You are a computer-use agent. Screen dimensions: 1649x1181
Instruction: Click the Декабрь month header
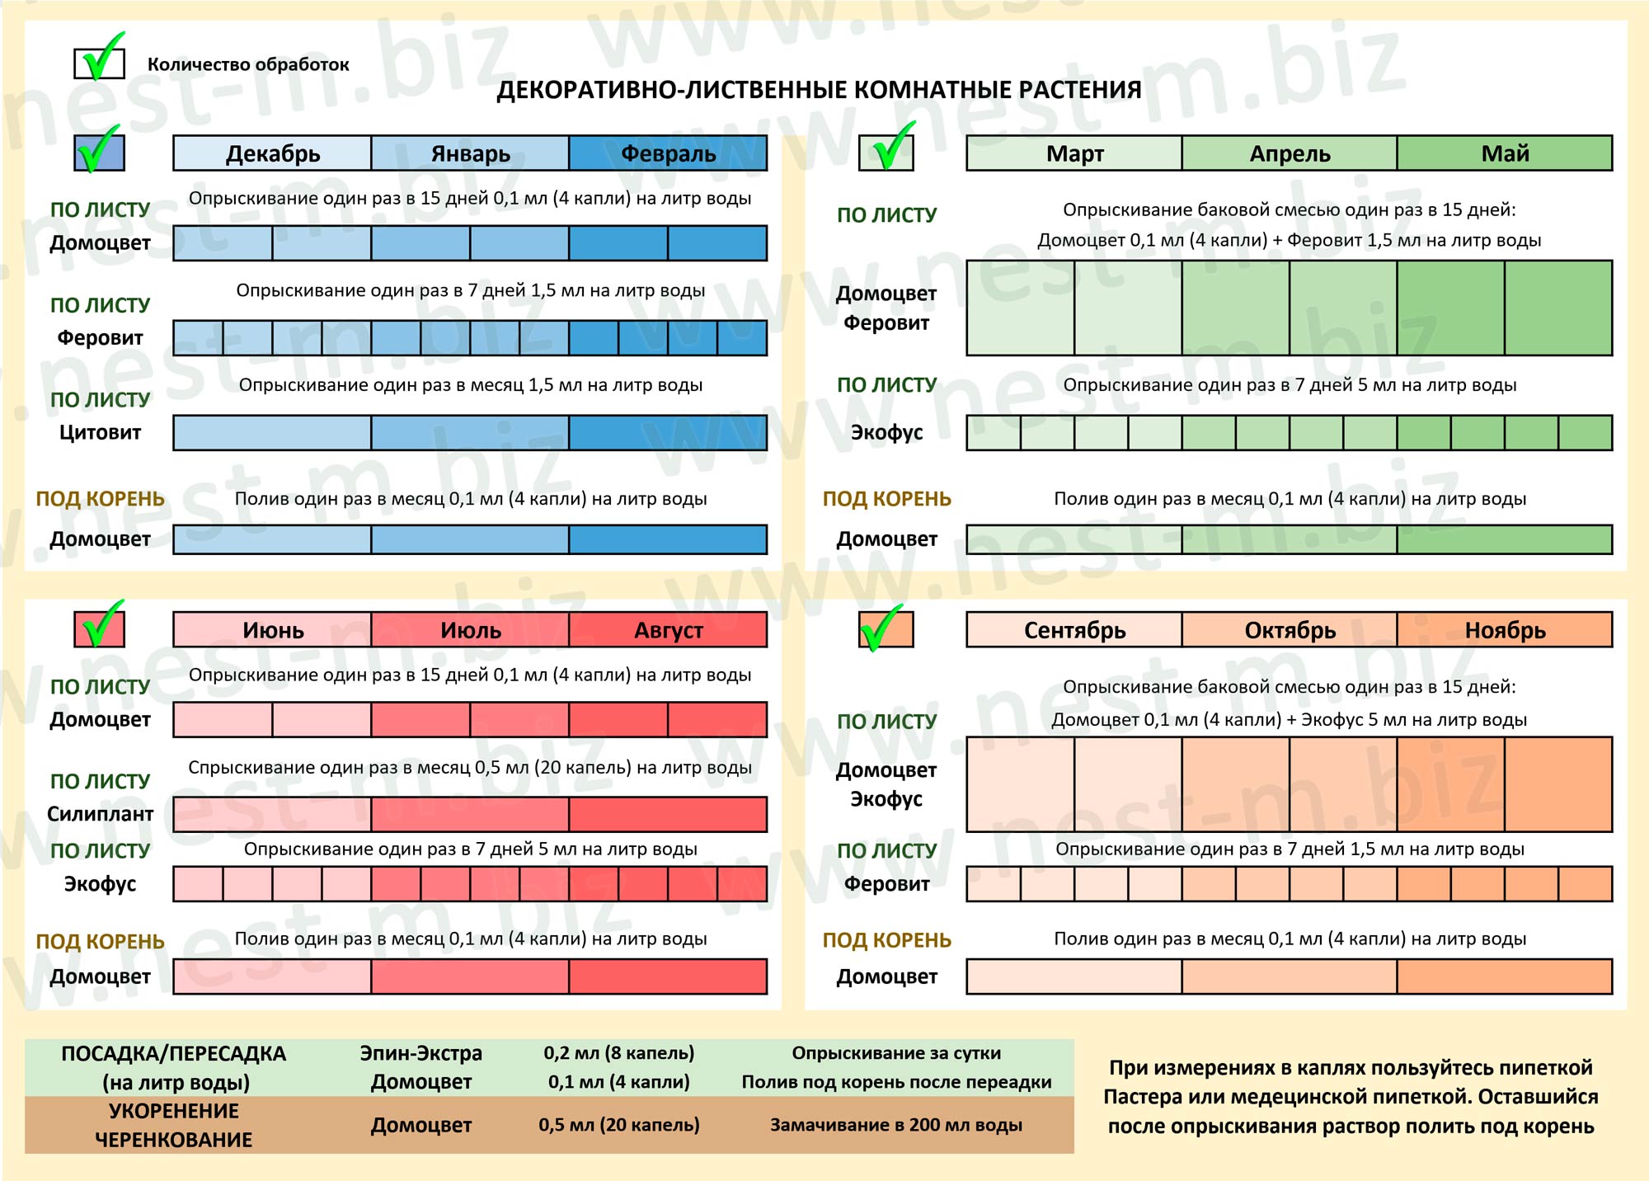pyautogui.click(x=272, y=153)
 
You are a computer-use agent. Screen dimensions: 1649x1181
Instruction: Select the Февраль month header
pyautogui.click(x=668, y=153)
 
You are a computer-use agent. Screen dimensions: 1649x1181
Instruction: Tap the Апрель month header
pyautogui.click(x=1290, y=153)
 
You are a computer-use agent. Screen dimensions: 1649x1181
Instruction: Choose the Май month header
pyautogui.click(x=1505, y=153)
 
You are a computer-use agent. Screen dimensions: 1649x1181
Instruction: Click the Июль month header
pyautogui.click(x=470, y=630)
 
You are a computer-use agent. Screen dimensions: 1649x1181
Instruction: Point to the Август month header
pyautogui.click(x=668, y=630)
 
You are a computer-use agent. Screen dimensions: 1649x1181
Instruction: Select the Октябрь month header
pyautogui.click(x=1290, y=630)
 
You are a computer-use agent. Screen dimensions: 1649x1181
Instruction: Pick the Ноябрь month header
pyautogui.click(x=1505, y=630)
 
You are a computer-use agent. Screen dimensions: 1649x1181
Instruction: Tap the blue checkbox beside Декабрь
pyautogui.click(x=100, y=152)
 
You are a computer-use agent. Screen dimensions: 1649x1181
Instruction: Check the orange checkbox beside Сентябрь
pyautogui.click(x=886, y=629)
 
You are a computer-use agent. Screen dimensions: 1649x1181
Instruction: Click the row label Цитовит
pyautogui.click(x=100, y=432)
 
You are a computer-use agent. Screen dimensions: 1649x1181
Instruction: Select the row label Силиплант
pyautogui.click(x=100, y=814)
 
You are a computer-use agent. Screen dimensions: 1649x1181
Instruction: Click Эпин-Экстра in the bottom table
pyautogui.click(x=420, y=1053)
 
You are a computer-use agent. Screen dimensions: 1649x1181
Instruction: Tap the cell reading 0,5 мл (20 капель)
pyautogui.click(x=619, y=1125)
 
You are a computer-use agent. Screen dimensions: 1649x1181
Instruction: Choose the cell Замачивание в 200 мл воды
pyautogui.click(x=896, y=1125)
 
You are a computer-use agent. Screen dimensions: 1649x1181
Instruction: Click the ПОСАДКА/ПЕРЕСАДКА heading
pyautogui.click(x=173, y=1053)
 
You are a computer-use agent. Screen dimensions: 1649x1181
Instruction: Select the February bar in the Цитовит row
pyautogui.click(x=668, y=433)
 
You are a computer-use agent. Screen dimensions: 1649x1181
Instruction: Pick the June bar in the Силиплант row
pyautogui.click(x=272, y=814)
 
